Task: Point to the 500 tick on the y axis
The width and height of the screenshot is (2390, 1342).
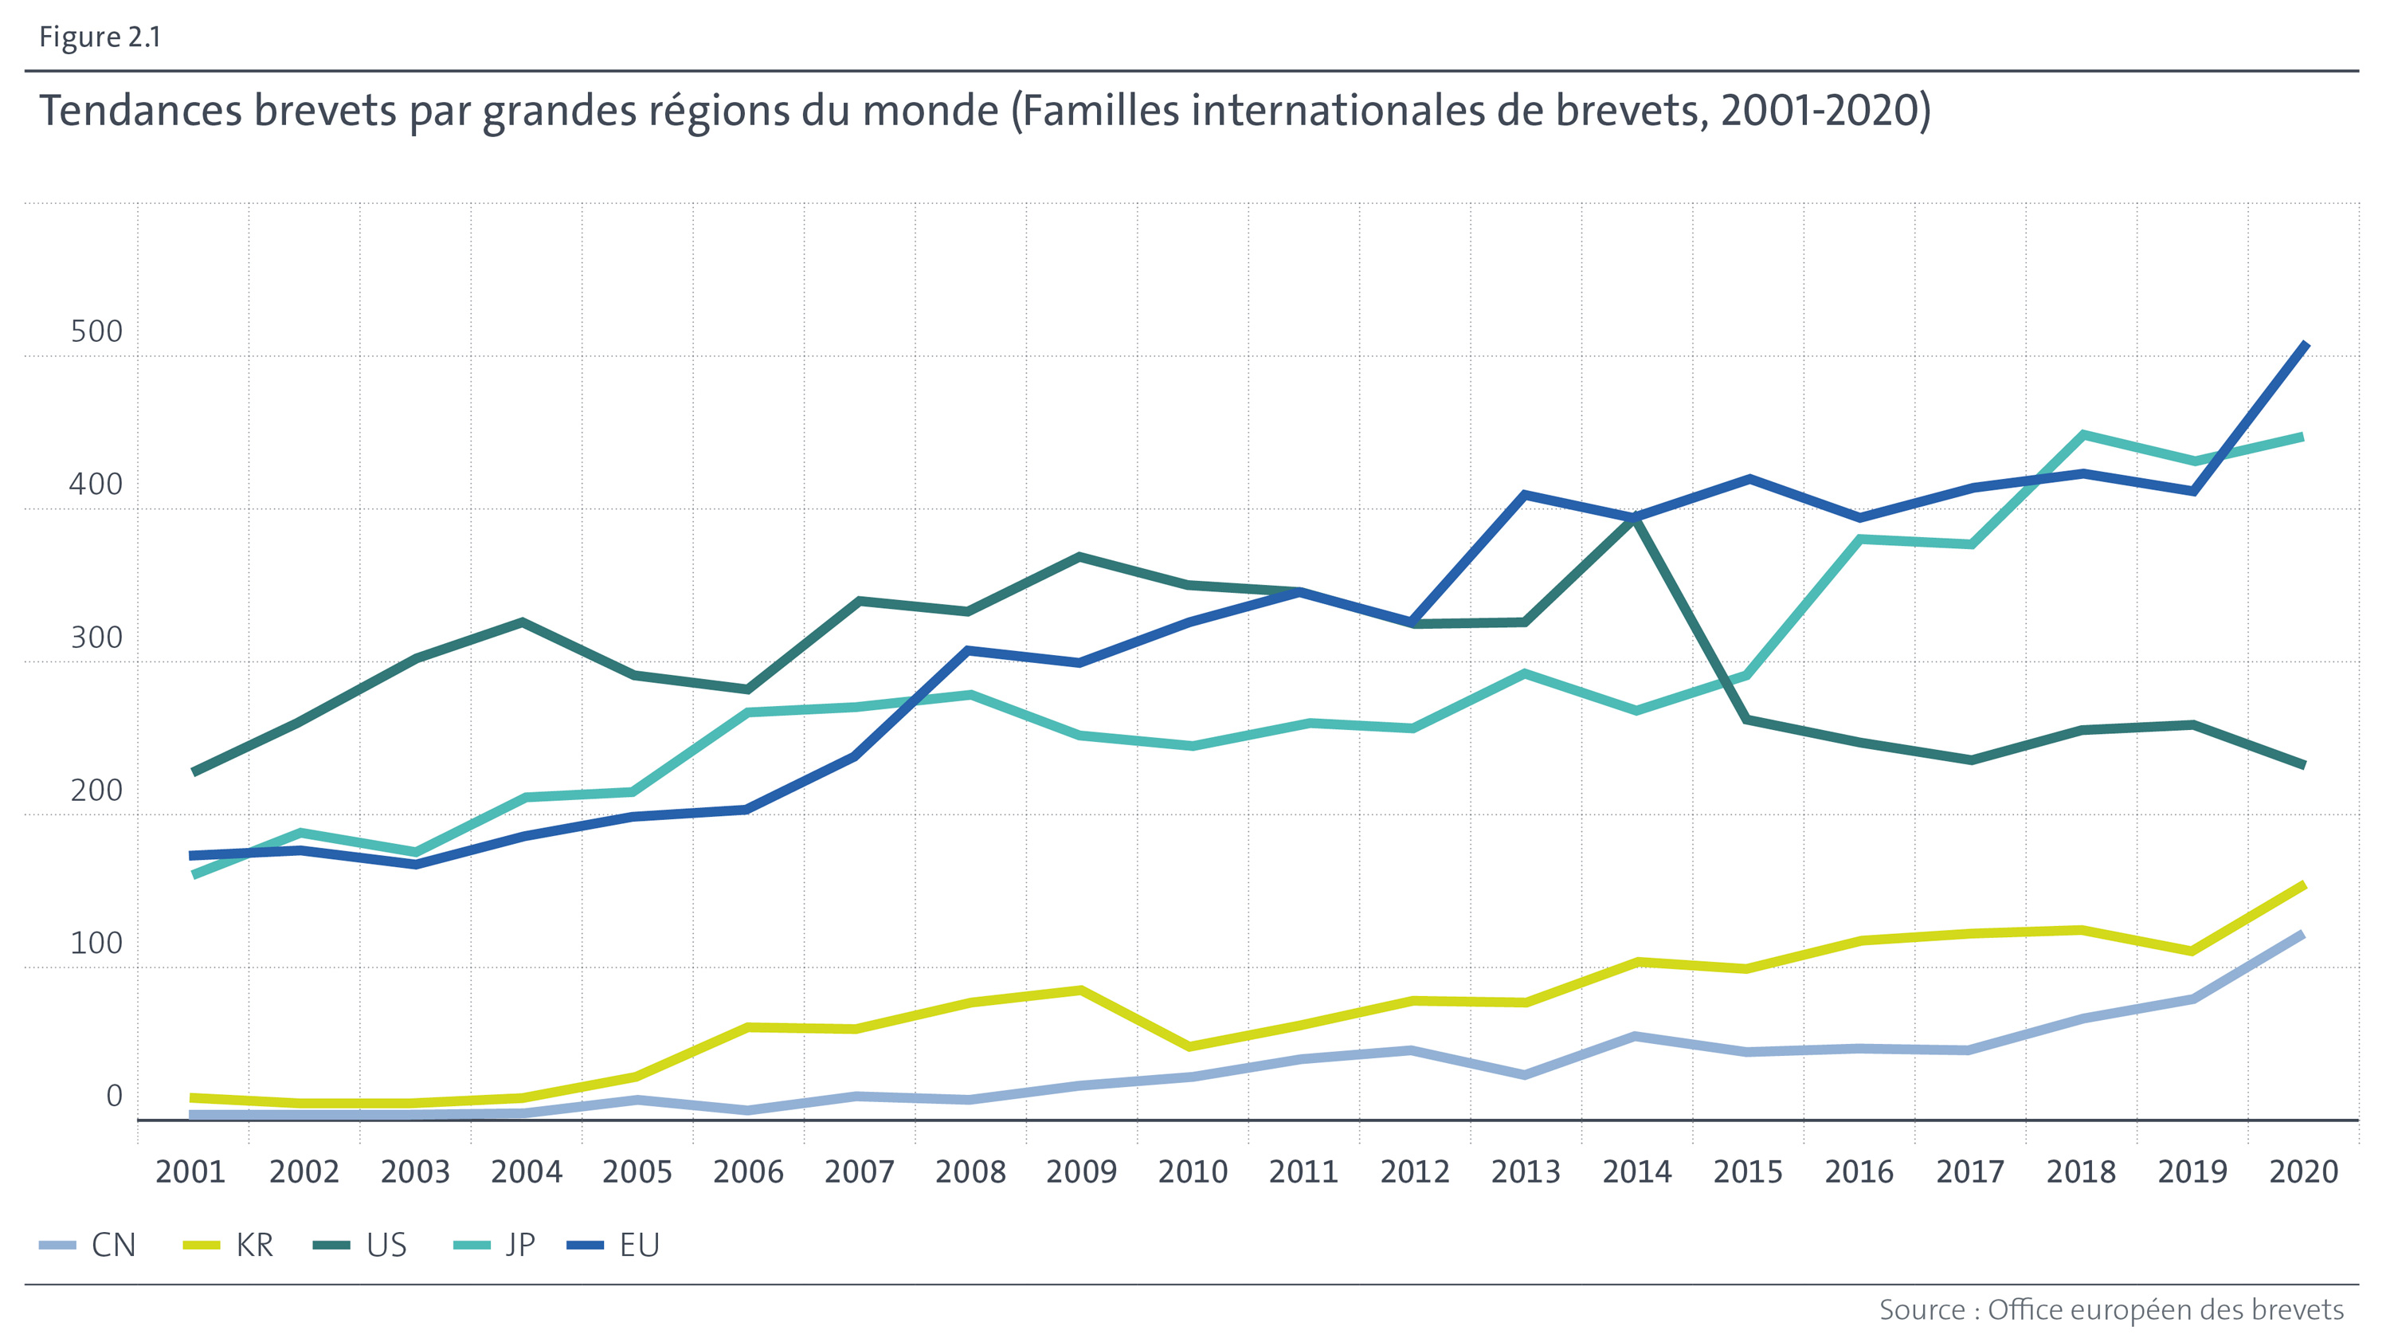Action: pyautogui.click(x=96, y=332)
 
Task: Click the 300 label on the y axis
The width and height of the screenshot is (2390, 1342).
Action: pyautogui.click(x=96, y=638)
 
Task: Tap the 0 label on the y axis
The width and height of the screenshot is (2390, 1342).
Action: pyautogui.click(x=114, y=1096)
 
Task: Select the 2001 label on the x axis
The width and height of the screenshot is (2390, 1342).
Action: pyautogui.click(x=190, y=1172)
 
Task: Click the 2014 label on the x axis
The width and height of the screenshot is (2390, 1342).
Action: pyautogui.click(x=1636, y=1172)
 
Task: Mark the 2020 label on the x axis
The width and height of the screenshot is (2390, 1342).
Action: pyautogui.click(x=2304, y=1172)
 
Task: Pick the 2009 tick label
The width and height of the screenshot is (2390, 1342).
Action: pyautogui.click(x=1081, y=1172)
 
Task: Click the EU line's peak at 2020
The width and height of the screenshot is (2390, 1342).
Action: pyautogui.click(x=2306, y=345)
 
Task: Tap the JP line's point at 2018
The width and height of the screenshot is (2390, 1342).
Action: pyautogui.click(x=2083, y=434)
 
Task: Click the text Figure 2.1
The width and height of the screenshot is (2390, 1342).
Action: pyautogui.click(x=100, y=37)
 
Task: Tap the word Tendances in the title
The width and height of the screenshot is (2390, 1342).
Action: pyautogui.click(x=139, y=111)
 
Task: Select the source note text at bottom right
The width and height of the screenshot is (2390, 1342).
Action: pyautogui.click(x=2110, y=1309)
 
